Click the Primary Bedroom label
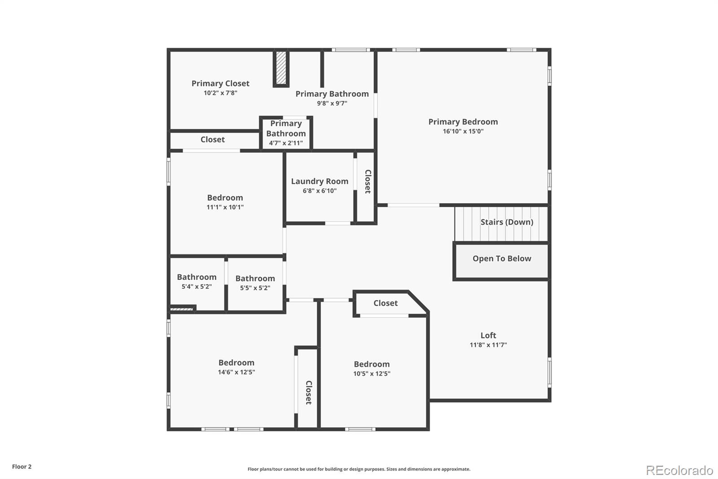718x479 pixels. (463, 122)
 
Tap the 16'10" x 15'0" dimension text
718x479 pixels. (463, 132)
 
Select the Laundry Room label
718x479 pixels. (320, 181)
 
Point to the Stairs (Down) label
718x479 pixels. (507, 222)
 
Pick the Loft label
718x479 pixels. (488, 335)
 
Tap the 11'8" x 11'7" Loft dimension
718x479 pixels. (488, 345)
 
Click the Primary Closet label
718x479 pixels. (220, 84)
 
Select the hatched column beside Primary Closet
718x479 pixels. (281, 68)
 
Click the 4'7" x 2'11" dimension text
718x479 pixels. (286, 143)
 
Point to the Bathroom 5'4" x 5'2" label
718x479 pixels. (197, 277)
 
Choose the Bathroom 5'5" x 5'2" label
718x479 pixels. (255, 279)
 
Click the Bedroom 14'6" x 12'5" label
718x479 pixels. (236, 363)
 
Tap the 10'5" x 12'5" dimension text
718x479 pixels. (372, 374)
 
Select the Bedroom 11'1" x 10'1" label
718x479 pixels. (225, 198)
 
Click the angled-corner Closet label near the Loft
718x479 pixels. (385, 303)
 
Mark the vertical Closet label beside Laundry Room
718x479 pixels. (368, 182)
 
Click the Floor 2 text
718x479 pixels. (22, 466)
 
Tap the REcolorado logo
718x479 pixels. (679, 470)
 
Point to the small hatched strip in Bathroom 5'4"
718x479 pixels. (182, 309)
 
